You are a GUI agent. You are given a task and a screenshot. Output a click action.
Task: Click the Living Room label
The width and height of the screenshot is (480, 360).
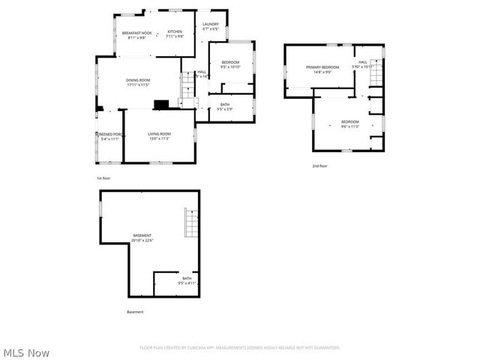pos(159,136)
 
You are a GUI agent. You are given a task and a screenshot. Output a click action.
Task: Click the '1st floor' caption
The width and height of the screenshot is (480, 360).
pos(103,178)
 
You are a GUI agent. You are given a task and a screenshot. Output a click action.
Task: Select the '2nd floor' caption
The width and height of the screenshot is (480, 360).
pos(320,166)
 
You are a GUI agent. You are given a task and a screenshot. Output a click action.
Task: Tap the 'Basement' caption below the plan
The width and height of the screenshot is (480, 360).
pos(135,312)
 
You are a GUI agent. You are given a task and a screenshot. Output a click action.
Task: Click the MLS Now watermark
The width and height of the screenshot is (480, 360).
pos(27,352)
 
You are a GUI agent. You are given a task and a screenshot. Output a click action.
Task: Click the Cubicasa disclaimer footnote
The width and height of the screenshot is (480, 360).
pos(240,347)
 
